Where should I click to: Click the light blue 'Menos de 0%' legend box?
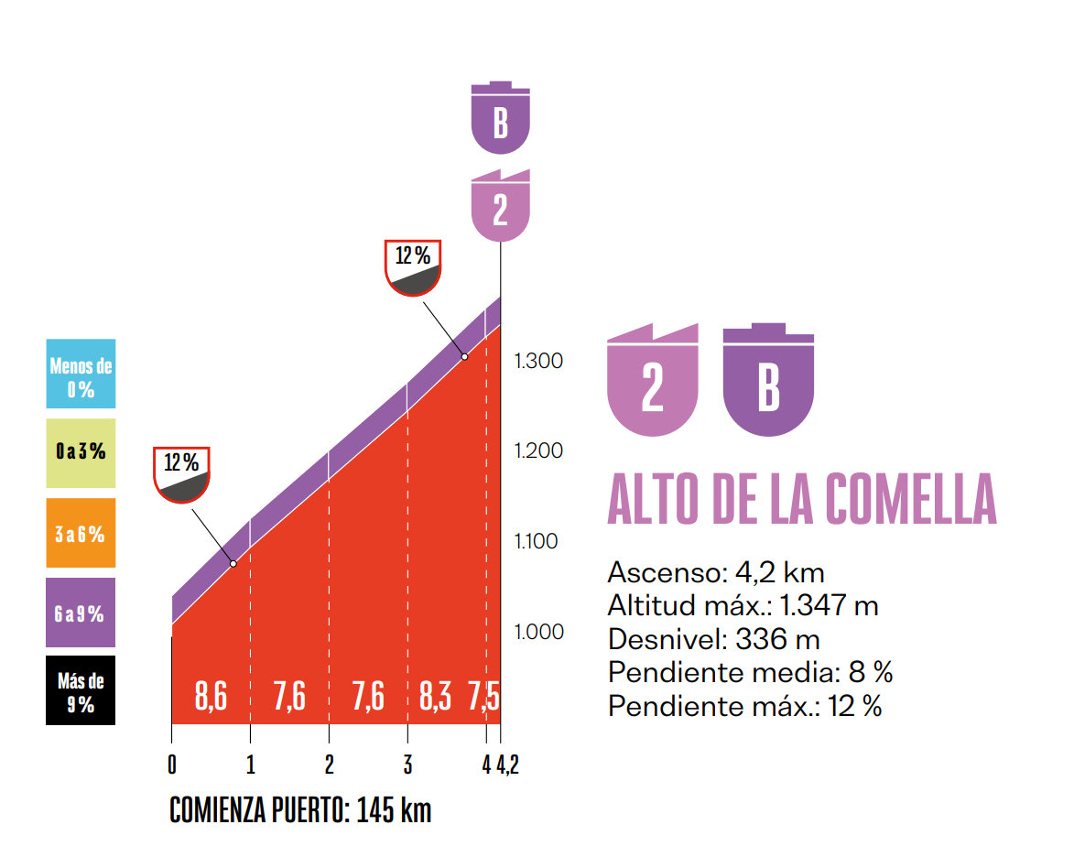click(81, 374)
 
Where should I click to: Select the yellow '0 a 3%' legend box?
click(81, 453)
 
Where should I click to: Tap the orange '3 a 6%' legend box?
click(81, 533)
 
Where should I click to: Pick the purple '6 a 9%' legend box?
click(81, 613)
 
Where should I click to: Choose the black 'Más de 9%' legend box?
click(81, 691)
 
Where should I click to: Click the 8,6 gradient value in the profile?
click(211, 698)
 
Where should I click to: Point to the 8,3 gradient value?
click(435, 698)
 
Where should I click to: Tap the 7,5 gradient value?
click(483, 698)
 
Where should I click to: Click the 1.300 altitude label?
click(539, 361)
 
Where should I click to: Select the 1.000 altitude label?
click(539, 632)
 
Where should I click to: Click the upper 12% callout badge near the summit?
click(413, 266)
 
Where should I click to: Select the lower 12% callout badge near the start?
click(182, 474)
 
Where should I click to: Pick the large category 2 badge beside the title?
click(653, 380)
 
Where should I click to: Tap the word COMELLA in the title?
click(911, 499)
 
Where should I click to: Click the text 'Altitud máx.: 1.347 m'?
click(743, 606)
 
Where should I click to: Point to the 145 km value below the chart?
click(394, 810)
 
